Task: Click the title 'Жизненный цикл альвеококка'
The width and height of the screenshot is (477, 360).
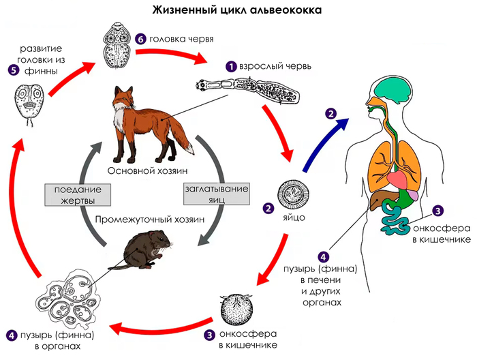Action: (x=238, y=10)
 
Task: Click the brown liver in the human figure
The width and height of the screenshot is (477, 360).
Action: (x=378, y=198)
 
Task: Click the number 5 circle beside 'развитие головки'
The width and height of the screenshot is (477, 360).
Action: (x=11, y=69)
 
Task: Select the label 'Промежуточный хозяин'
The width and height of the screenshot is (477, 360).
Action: (x=149, y=220)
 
